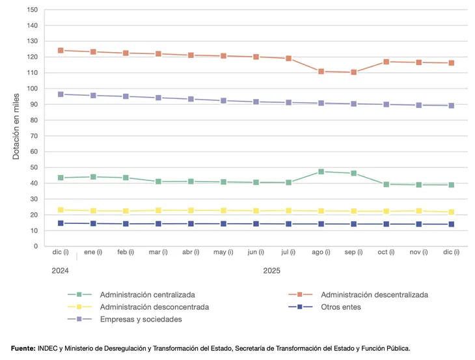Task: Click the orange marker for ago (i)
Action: [x=321, y=72]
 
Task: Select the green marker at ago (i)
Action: [x=321, y=172]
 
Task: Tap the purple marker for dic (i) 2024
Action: [x=61, y=94]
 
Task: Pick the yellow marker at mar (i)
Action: [x=158, y=210]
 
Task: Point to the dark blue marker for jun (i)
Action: [x=256, y=224]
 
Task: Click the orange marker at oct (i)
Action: [x=387, y=62]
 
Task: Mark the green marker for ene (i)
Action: [x=93, y=176]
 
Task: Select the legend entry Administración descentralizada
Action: [x=374, y=294]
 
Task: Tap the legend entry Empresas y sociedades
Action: [x=141, y=319]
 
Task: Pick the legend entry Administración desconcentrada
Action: [x=154, y=307]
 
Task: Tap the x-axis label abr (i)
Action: [x=191, y=252]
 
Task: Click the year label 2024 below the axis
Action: [x=60, y=270]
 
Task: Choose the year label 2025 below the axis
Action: [x=272, y=270]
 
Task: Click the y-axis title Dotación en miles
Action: [x=16, y=128]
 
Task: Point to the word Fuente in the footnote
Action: [x=23, y=348]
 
